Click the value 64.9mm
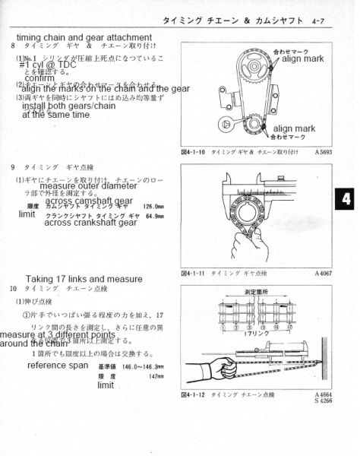tap(155, 216)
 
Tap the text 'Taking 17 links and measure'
tap(84, 279)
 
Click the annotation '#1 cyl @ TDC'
tap(49, 68)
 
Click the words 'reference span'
tap(57, 366)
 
